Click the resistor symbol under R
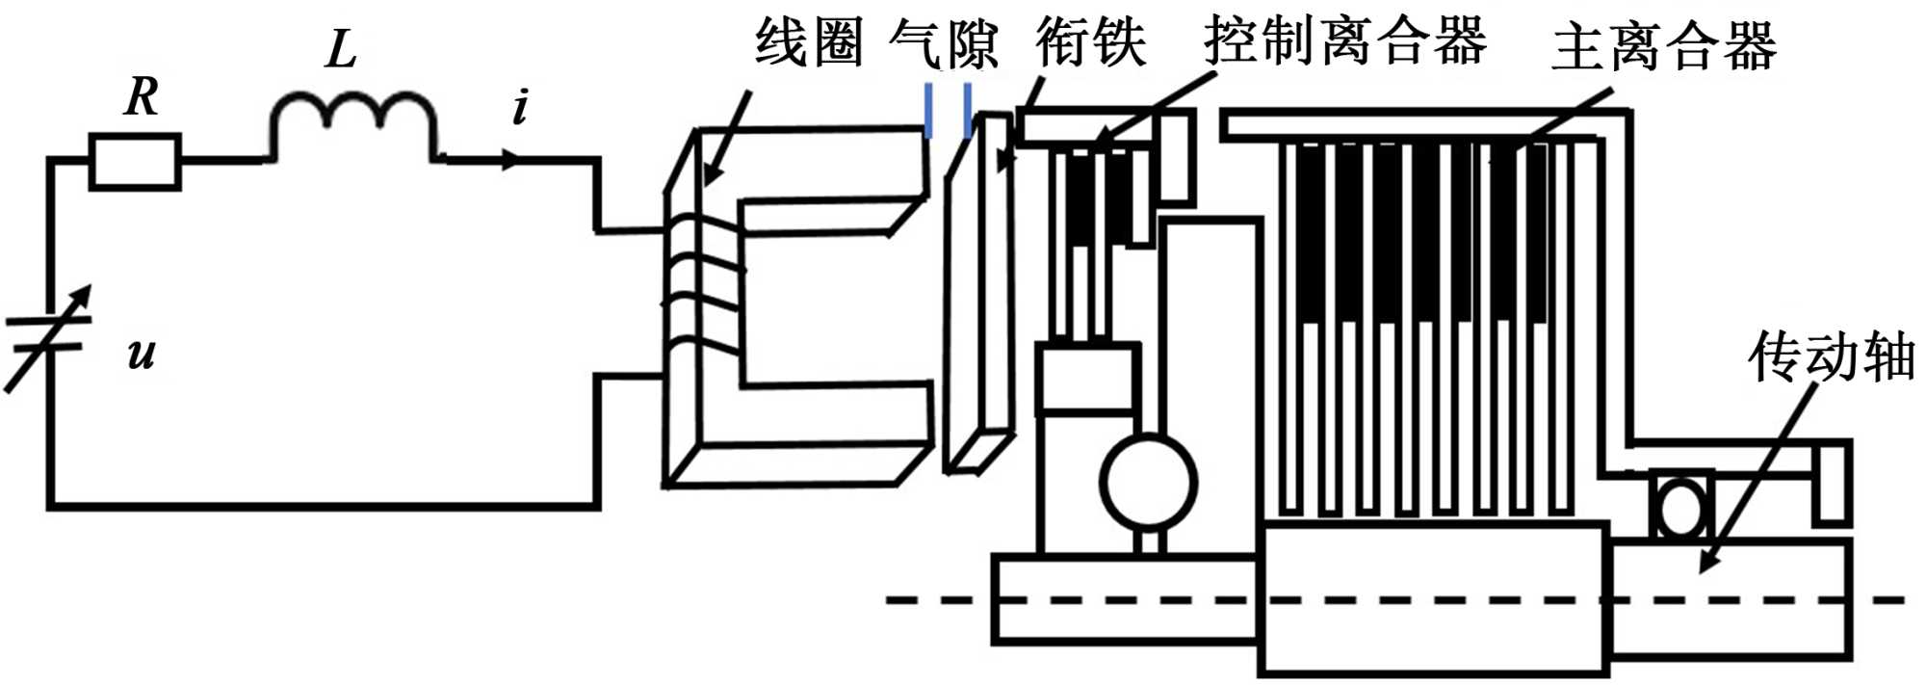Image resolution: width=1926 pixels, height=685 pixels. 135,162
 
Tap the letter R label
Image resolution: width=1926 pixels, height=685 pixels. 142,97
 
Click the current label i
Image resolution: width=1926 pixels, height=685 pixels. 521,107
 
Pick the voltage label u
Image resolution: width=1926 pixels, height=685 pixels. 142,355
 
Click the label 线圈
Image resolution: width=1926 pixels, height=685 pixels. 808,43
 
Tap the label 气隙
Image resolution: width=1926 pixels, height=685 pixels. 943,43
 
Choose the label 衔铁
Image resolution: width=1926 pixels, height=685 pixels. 1091,43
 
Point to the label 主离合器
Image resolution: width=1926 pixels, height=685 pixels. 1663,46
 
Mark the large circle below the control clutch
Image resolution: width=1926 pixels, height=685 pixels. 1148,483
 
